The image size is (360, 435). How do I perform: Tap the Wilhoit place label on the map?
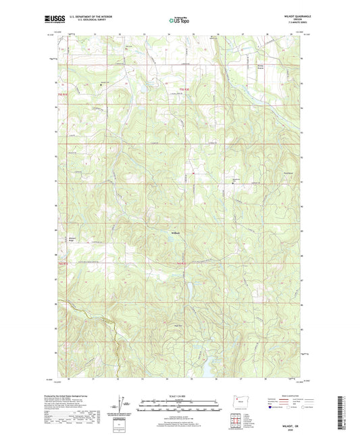(x=174, y=234)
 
